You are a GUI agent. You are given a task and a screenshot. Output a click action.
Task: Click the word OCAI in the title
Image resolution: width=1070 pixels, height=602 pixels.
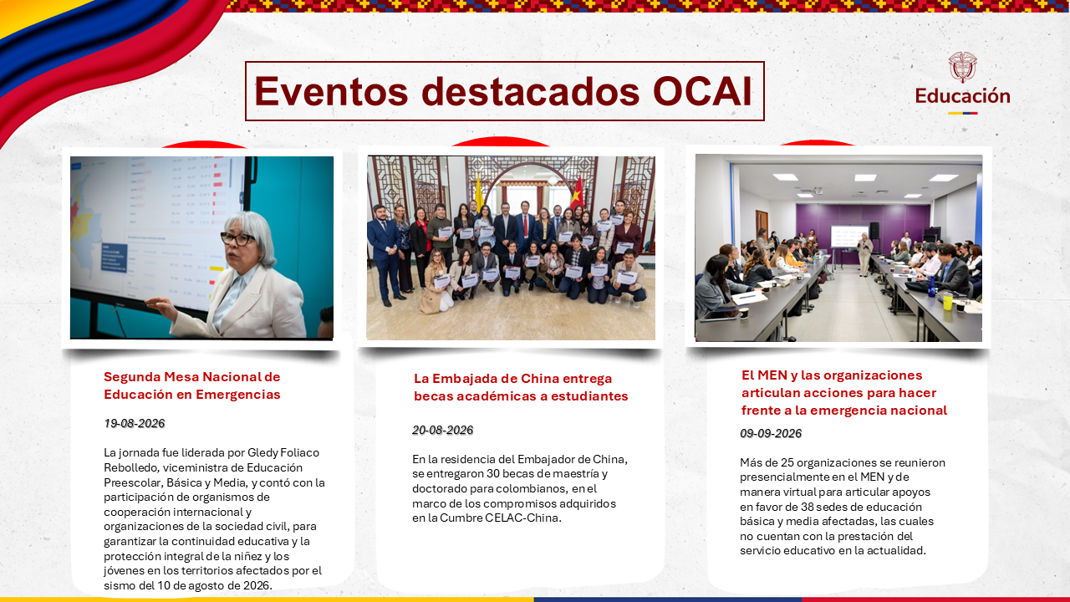(703, 91)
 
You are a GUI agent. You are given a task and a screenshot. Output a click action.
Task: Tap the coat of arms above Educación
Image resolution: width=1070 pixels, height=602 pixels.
(962, 67)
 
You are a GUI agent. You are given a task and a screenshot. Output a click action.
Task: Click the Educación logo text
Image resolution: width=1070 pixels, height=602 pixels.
(962, 96)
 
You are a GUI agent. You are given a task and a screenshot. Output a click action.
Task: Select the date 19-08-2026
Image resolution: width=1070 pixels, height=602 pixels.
(135, 423)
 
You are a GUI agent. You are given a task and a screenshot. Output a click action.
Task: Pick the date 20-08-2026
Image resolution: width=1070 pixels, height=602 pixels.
(442, 430)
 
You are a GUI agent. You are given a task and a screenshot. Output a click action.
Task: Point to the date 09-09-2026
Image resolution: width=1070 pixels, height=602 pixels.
(771, 433)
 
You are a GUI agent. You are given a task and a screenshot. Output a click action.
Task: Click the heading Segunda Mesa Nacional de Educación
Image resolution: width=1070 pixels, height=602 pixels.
(192, 385)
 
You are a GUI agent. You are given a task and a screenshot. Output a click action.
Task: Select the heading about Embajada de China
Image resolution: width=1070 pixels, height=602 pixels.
(521, 387)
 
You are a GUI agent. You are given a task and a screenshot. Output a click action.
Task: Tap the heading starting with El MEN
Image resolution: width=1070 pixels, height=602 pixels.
(844, 393)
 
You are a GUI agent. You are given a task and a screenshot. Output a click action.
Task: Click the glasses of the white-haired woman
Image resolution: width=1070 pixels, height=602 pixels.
(237, 238)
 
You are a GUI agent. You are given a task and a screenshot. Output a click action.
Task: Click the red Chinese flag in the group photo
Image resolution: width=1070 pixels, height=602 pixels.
(577, 192)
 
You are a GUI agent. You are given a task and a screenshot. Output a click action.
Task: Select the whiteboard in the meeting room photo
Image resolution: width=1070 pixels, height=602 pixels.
(848, 237)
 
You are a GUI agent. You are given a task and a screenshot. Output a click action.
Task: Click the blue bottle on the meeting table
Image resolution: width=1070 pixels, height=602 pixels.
(931, 288)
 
